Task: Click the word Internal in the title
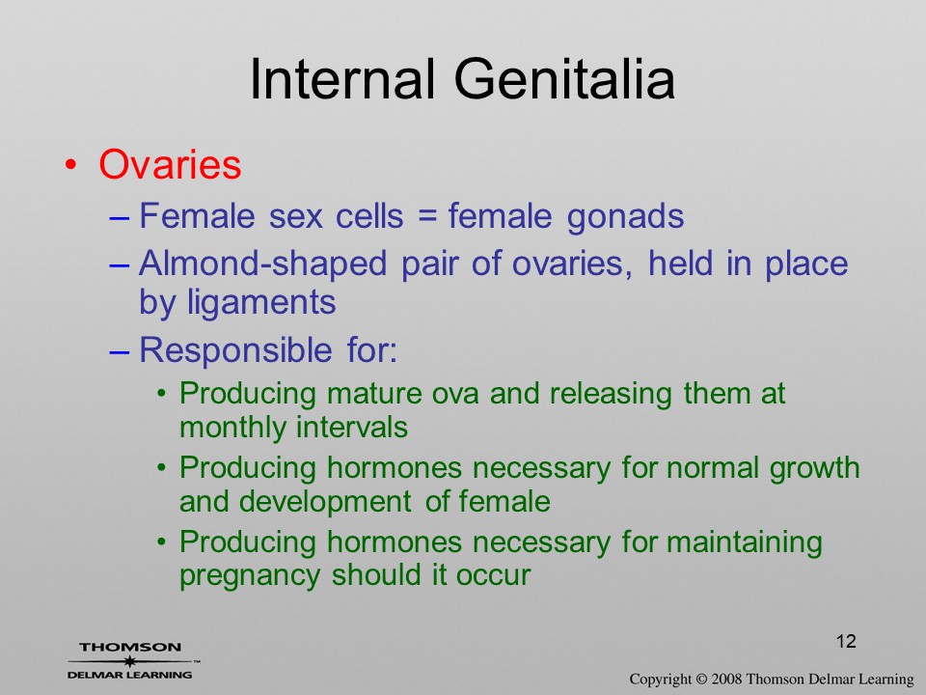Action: coord(342,79)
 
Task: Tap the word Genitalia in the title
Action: coord(564,79)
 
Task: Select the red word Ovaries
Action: coord(170,164)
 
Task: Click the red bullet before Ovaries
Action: coord(70,165)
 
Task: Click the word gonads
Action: coord(625,216)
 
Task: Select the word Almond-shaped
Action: coord(262,264)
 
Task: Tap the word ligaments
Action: coord(261,303)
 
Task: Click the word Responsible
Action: coord(235,350)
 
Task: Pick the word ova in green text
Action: coord(454,395)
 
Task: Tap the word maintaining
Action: coord(744,542)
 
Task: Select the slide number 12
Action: coord(846,641)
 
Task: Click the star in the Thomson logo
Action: coord(129,660)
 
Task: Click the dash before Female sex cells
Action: coord(119,217)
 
